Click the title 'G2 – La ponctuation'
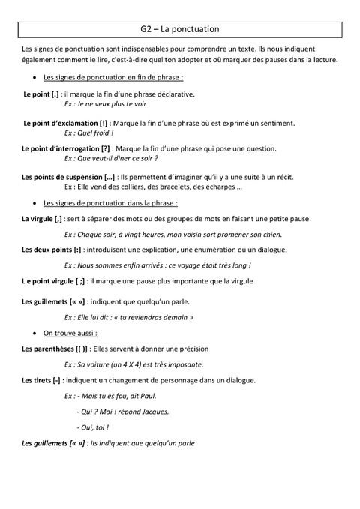(179, 29)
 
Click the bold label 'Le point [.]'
(42, 94)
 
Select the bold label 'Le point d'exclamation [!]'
(66, 122)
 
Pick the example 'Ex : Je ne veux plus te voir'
(106, 104)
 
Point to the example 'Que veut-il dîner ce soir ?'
(115, 158)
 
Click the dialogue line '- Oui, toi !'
(93, 427)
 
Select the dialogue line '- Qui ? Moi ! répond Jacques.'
(123, 411)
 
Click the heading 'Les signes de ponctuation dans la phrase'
(110, 203)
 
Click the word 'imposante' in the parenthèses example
(183, 364)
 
